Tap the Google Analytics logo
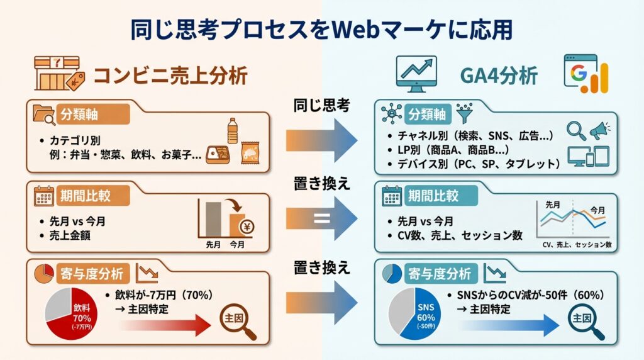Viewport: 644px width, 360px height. [586, 75]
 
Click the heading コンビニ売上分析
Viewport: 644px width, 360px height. [170, 76]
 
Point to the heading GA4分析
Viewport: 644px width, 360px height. [499, 76]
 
